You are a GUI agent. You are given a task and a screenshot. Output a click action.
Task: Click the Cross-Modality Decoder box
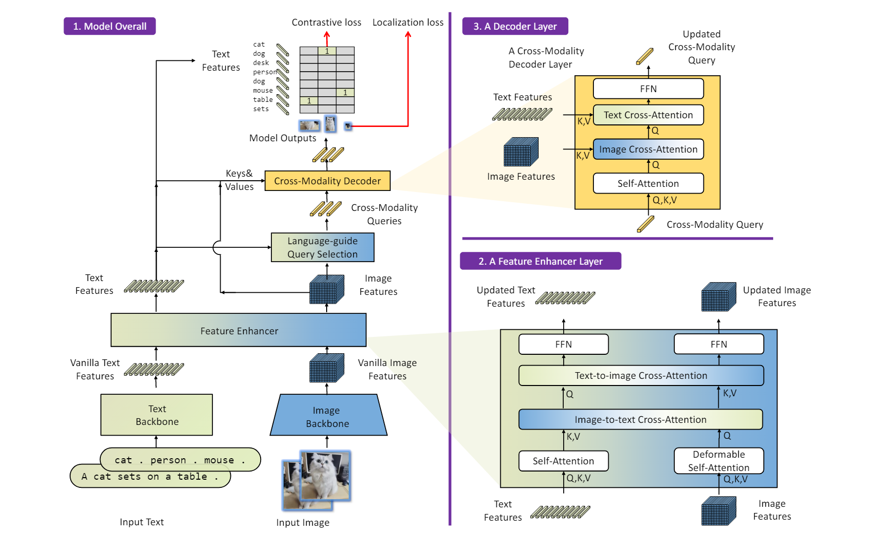(x=327, y=181)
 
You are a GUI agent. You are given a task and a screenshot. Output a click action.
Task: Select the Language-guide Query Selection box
(x=323, y=247)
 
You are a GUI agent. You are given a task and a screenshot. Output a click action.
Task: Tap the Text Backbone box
(x=157, y=415)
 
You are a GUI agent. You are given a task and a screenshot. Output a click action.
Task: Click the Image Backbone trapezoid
(x=328, y=417)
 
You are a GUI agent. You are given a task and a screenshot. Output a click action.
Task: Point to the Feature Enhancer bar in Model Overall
(x=239, y=331)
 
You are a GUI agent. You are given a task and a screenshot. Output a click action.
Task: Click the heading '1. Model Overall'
(x=110, y=26)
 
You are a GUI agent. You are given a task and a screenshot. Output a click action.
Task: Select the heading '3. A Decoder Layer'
(x=515, y=26)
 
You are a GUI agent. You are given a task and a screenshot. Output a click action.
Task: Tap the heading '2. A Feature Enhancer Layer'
(x=541, y=261)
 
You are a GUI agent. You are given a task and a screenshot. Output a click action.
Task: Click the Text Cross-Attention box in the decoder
(x=648, y=115)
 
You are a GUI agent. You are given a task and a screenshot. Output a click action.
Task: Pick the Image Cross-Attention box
(x=648, y=149)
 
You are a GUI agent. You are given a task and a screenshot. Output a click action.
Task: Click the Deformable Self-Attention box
(x=718, y=461)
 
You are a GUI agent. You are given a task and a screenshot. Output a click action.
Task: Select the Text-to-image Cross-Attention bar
(x=641, y=375)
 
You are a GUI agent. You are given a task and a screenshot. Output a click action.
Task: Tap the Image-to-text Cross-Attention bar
(x=641, y=419)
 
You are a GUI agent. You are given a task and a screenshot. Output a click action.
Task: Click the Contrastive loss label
(x=327, y=23)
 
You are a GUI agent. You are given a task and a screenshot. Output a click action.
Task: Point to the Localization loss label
(x=408, y=23)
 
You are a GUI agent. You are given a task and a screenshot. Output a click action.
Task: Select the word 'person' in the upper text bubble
(x=168, y=460)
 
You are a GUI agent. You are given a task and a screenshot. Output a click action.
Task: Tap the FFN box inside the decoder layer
(x=648, y=89)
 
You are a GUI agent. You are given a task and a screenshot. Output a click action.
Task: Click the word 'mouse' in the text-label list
(x=263, y=91)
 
